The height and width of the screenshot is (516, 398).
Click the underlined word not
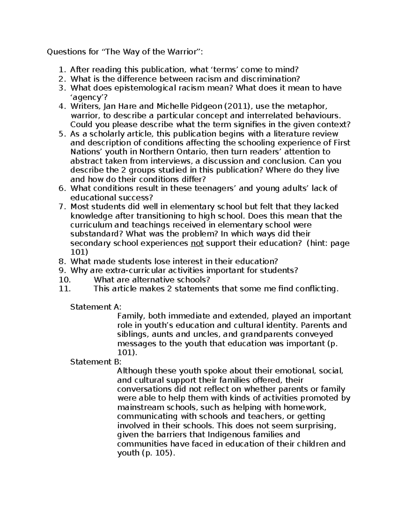click(197, 243)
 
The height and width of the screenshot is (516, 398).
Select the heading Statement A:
click(96, 307)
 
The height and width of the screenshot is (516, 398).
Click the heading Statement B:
click(96, 362)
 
